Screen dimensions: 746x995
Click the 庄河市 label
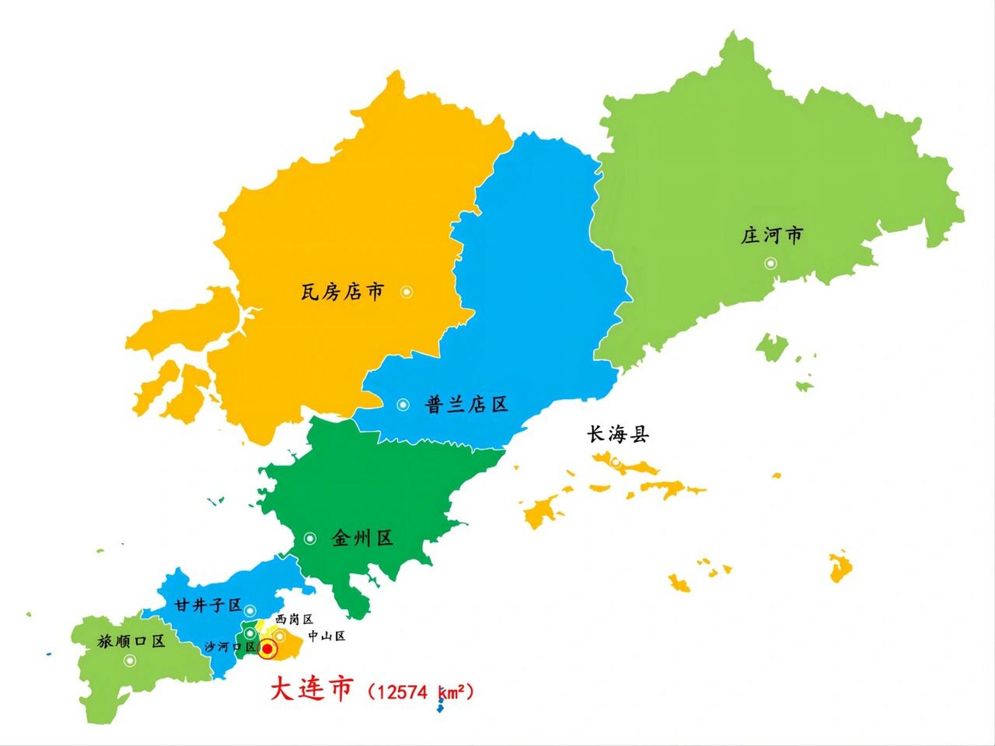pos(771,236)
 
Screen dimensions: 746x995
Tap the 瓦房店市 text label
pos(343,291)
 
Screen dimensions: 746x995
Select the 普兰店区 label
pos(466,404)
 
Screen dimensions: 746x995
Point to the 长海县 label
pos(618,434)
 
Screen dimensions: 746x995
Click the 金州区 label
pos(362,538)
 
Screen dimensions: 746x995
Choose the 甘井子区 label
pos(208,606)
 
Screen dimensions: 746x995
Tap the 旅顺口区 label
pos(131,642)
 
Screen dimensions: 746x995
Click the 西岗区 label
pos(294,619)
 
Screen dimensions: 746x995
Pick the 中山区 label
pos(326,636)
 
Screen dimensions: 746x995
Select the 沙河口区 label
pos(230,647)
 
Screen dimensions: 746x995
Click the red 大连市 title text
pos(311,689)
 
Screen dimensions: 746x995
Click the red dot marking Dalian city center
pos(267,649)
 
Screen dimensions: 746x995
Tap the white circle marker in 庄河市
pos(771,263)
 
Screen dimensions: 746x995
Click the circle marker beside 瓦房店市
pos(407,292)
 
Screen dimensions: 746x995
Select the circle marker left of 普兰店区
pos(403,404)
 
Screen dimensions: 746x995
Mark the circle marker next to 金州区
pos(310,539)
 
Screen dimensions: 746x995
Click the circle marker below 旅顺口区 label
pos(130,660)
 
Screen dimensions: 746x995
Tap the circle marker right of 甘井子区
pos(250,611)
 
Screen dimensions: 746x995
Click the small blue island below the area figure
pos(440,708)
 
